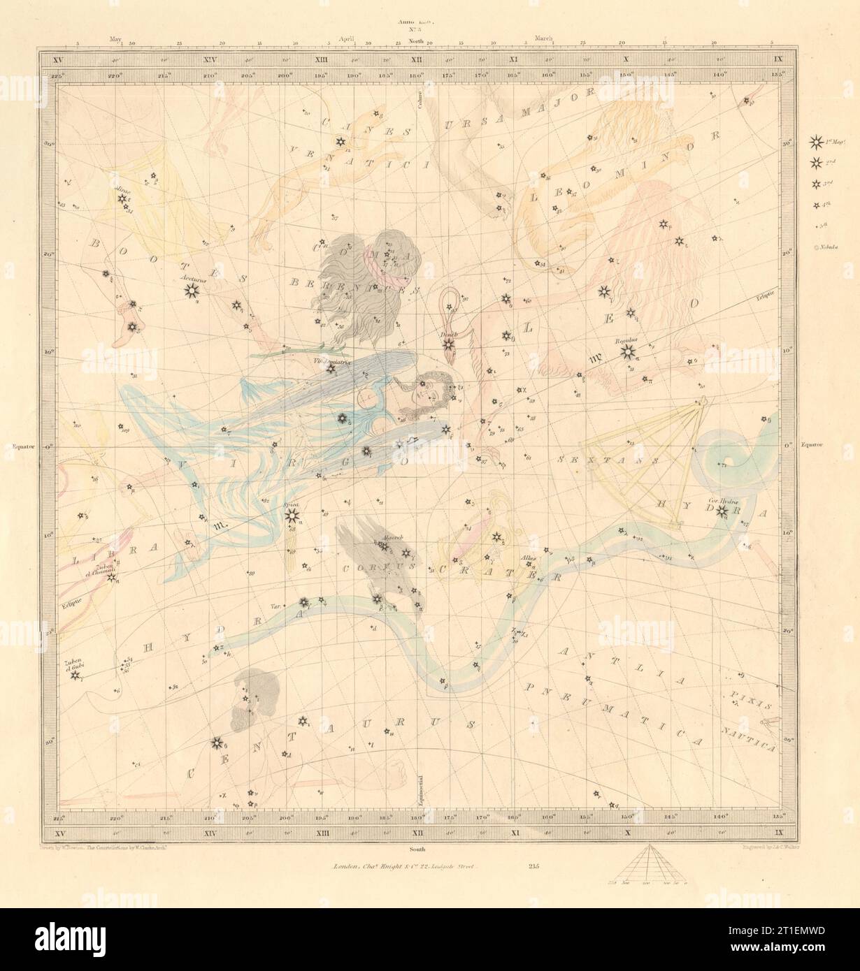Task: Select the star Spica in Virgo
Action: (291, 516)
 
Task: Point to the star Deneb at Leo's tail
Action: (449, 346)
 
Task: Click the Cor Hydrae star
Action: (722, 516)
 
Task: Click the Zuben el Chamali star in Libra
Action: (112, 577)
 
